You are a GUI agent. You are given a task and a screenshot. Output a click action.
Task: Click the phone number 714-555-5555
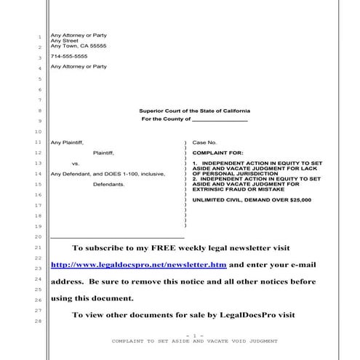pyautogui.click(x=68, y=56)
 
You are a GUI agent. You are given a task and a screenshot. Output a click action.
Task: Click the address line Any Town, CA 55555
pyautogui.click(x=78, y=46)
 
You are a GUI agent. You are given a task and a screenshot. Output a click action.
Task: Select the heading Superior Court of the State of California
pyautogui.click(x=194, y=110)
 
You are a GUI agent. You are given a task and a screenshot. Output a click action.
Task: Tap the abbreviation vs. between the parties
pyautogui.click(x=76, y=164)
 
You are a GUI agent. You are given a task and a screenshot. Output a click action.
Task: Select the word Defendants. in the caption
pyautogui.click(x=109, y=185)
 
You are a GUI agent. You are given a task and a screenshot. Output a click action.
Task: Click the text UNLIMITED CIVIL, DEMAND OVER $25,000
pyautogui.click(x=252, y=199)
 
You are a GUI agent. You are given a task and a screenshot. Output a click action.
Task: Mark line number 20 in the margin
pyautogui.click(x=38, y=237)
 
